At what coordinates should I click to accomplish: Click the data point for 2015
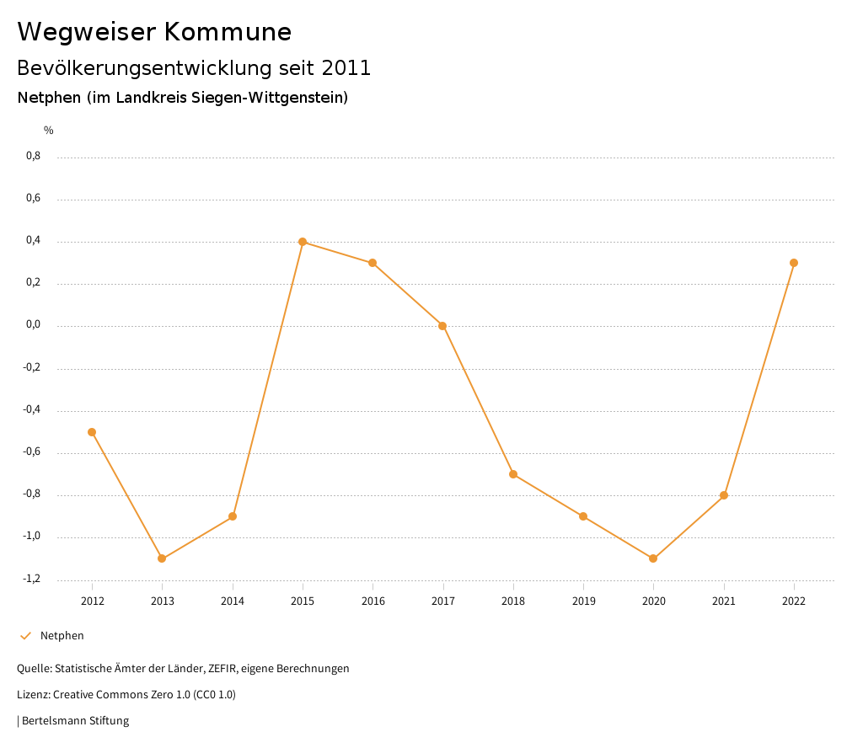click(303, 242)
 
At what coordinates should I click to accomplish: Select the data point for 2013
click(162, 558)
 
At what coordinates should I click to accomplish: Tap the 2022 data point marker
click(794, 263)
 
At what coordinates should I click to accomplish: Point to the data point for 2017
click(442, 326)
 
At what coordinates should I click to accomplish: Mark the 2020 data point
click(653, 558)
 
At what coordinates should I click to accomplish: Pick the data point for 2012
click(92, 432)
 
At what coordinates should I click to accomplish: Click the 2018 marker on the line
click(513, 474)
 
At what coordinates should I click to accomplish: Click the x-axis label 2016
click(373, 601)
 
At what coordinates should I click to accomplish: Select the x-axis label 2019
click(583, 601)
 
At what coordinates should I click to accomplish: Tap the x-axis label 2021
click(724, 601)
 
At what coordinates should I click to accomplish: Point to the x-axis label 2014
click(233, 601)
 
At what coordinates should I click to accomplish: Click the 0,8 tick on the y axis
click(33, 156)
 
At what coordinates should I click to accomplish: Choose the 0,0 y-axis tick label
click(33, 325)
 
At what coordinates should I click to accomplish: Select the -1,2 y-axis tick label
click(32, 579)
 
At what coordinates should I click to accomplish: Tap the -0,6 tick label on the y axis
click(32, 452)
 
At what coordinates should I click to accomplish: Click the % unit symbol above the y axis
click(49, 131)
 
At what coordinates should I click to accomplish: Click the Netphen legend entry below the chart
click(62, 636)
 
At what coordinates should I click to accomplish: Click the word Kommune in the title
click(228, 32)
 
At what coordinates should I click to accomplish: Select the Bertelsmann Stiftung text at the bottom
click(75, 721)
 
